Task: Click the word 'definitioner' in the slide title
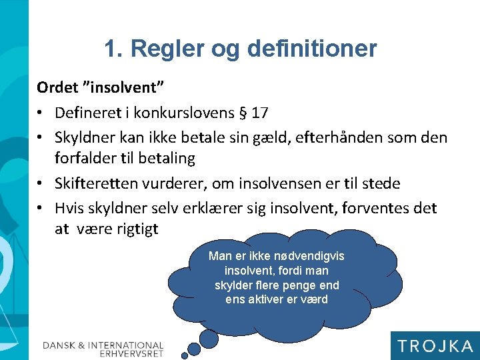point(311,49)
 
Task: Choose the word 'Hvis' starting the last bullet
point(71,208)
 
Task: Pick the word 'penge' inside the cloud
point(301,285)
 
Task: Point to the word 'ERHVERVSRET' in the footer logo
point(131,353)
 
